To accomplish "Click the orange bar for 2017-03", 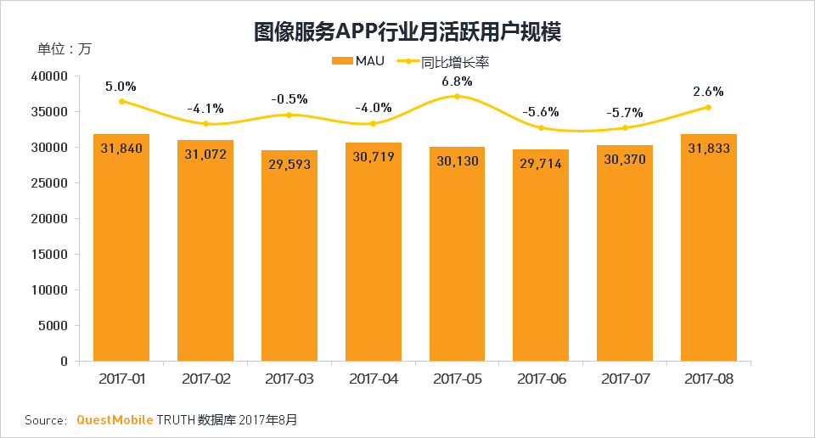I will click(289, 255).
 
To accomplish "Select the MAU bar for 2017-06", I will click(541, 255).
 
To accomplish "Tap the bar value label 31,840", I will click(121, 148).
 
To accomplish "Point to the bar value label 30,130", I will click(457, 161).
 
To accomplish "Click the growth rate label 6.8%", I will click(457, 81).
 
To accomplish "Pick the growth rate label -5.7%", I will click(625, 113).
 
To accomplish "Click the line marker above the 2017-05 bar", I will click(457, 97).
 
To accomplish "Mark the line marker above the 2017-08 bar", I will click(708, 107).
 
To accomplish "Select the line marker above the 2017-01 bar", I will click(121, 101).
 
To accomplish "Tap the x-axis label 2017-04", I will click(373, 379).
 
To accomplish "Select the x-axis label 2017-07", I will click(625, 379).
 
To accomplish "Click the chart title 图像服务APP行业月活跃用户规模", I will click(407, 32).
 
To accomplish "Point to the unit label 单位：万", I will click(64, 48).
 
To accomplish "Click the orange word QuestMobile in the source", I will click(115, 420).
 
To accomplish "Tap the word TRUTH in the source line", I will click(176, 420).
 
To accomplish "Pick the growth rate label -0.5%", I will click(289, 99).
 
